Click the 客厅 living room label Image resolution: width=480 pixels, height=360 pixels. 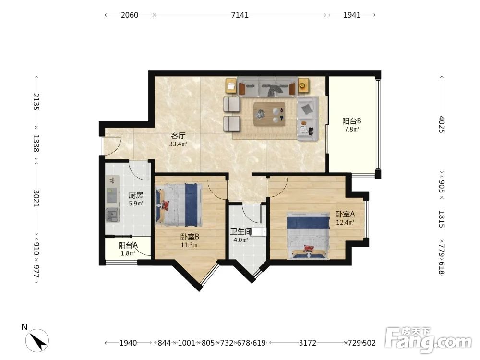pyautogui.click(x=178, y=136)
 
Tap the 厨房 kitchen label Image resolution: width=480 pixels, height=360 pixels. pyautogui.click(x=136, y=195)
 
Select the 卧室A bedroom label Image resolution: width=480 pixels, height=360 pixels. pyautogui.click(x=345, y=214)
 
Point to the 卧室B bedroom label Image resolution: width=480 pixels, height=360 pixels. pyautogui.click(x=190, y=237)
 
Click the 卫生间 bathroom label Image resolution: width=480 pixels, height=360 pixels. pyautogui.click(x=241, y=232)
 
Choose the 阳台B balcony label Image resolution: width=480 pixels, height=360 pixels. pyautogui.click(x=352, y=121)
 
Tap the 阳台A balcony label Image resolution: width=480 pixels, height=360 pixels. pyautogui.click(x=128, y=245)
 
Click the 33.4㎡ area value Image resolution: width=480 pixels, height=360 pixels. pyautogui.click(x=178, y=144)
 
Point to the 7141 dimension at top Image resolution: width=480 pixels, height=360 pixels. pyautogui.click(x=240, y=15)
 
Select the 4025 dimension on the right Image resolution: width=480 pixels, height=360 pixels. pyautogui.click(x=442, y=124)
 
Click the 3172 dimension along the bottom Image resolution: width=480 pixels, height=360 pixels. pyautogui.click(x=307, y=343)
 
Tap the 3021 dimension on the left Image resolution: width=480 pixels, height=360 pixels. pyautogui.click(x=36, y=198)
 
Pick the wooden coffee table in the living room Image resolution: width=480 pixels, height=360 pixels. pyautogui.click(x=269, y=114)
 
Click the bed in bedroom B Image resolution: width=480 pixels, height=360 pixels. pyautogui.click(x=179, y=204)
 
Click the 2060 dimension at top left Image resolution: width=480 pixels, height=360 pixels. pyautogui.click(x=130, y=15)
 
